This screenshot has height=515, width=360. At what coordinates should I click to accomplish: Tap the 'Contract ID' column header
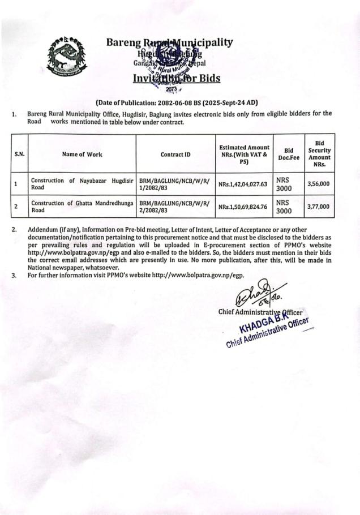pyautogui.click(x=175, y=154)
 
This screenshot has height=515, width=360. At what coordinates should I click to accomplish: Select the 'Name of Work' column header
pyautogui.click(x=82, y=154)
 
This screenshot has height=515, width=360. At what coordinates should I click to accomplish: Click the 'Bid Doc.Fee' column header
pyautogui.click(x=289, y=154)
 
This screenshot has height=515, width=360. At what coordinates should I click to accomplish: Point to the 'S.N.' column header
pyautogui.click(x=19, y=154)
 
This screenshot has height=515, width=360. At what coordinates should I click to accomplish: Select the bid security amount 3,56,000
pyautogui.click(x=318, y=184)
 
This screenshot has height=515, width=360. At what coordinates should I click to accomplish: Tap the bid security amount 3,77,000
pyautogui.click(x=318, y=207)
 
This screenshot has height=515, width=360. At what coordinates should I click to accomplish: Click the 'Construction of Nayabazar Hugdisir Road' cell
pyautogui.click(x=82, y=183)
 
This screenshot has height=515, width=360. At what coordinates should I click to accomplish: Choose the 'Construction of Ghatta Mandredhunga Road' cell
pyautogui.click(x=82, y=206)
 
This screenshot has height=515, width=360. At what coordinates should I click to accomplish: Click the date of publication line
pyautogui.click(x=177, y=102)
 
